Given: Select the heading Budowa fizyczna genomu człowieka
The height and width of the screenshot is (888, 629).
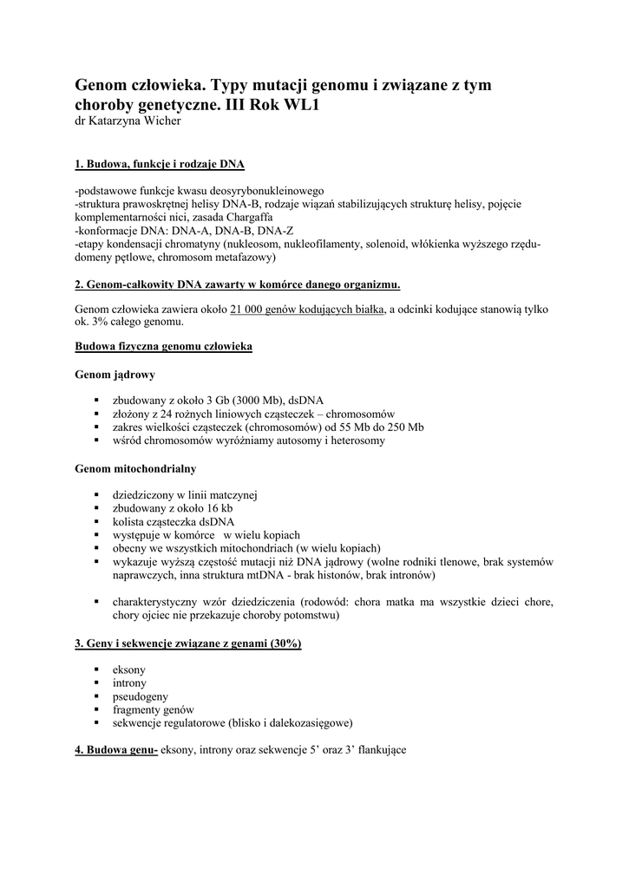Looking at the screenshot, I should click(x=164, y=346).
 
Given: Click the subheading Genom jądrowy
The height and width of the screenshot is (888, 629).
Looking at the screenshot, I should click(x=115, y=375).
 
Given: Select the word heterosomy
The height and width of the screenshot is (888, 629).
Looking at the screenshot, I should click(x=356, y=440).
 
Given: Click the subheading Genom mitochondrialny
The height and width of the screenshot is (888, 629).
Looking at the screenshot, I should click(x=135, y=469).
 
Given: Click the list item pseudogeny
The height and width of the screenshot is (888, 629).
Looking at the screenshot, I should click(x=141, y=695).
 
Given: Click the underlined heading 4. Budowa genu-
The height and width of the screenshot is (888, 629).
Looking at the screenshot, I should click(x=115, y=750).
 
